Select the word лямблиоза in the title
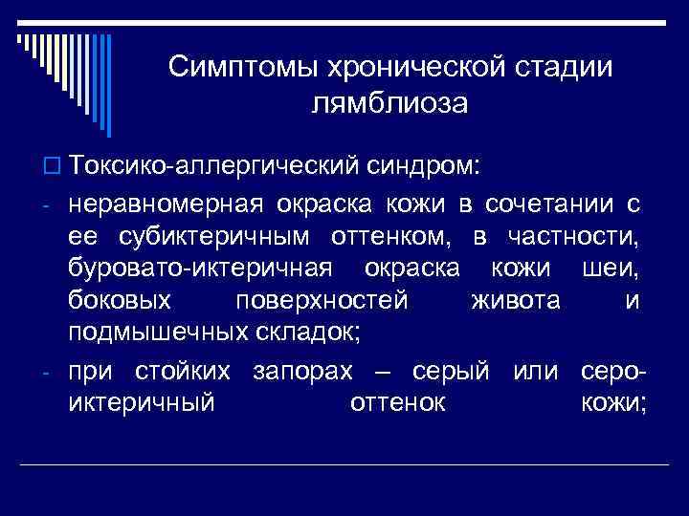389,102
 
